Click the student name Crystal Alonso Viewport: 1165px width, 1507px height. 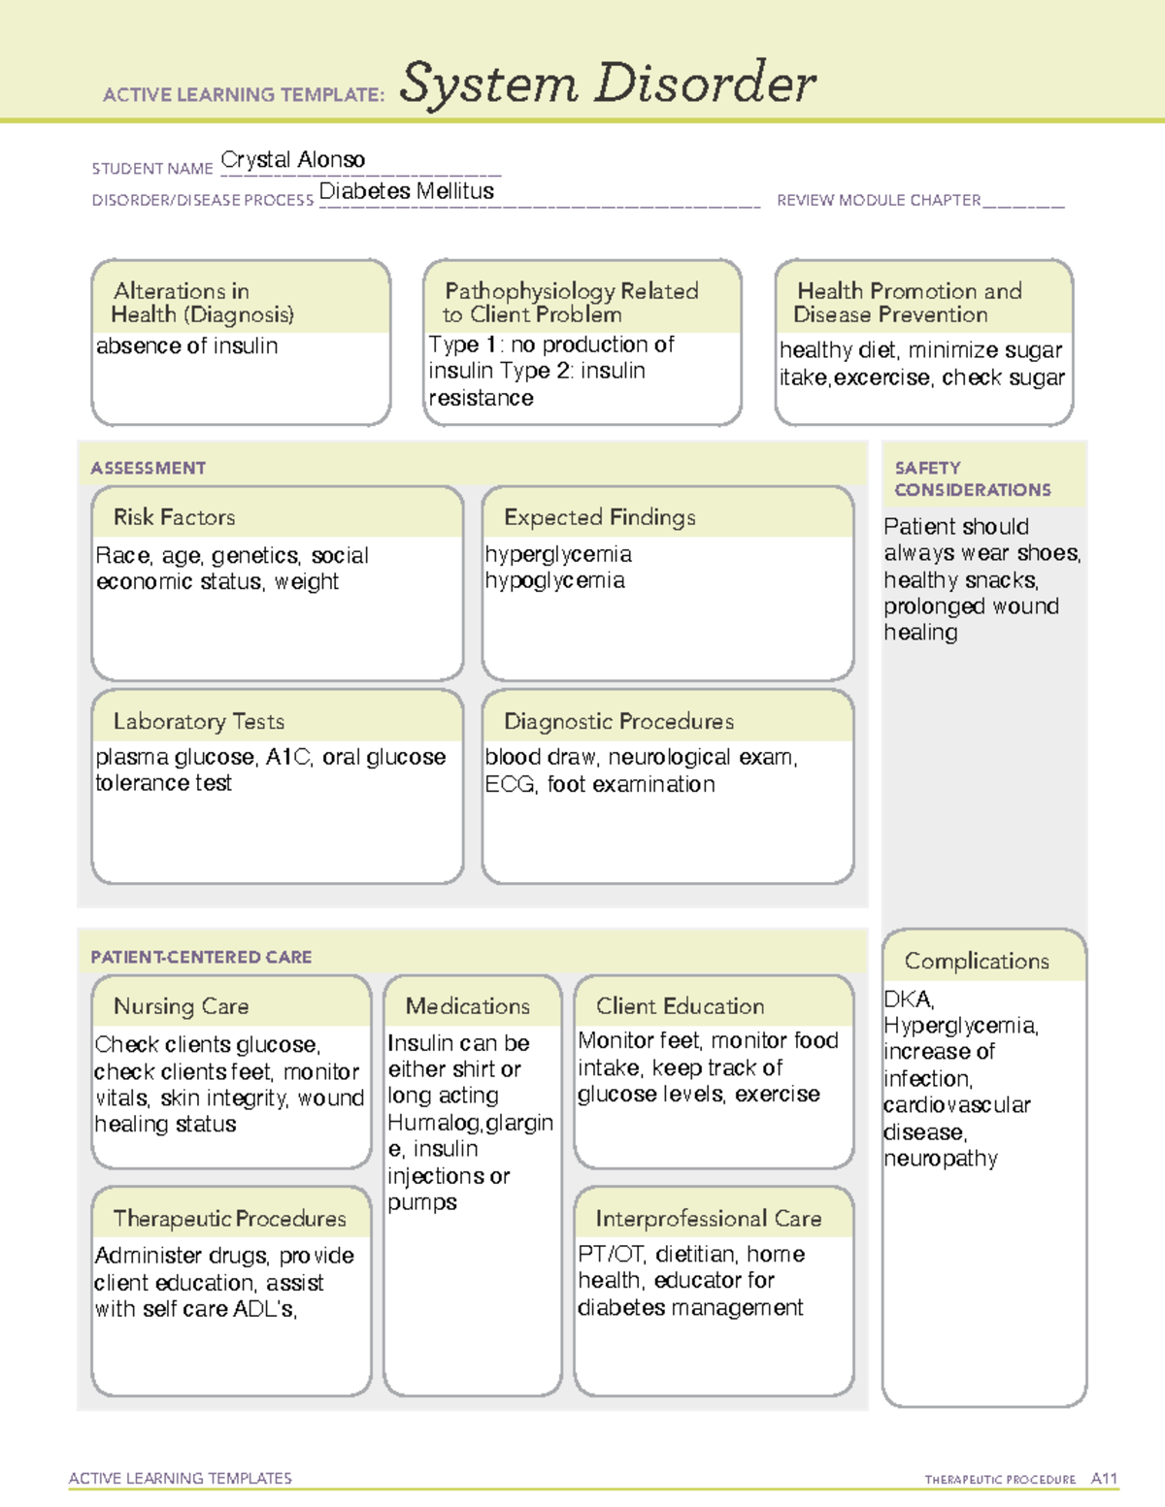click(292, 160)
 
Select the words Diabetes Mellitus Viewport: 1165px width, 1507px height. click(406, 191)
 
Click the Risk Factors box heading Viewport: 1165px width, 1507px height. click(174, 517)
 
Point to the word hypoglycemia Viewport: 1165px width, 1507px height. click(554, 581)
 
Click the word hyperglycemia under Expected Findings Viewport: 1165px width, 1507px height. click(558, 554)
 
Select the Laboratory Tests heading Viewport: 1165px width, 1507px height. click(198, 721)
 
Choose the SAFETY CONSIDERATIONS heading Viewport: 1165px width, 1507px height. click(972, 479)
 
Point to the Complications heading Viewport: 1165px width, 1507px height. click(977, 961)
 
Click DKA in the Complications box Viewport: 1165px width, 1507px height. click(908, 999)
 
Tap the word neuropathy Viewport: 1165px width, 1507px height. click(940, 1159)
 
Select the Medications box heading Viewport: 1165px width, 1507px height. click(467, 1006)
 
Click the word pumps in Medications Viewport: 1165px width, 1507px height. click(421, 1202)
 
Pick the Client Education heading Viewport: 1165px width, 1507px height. click(680, 1006)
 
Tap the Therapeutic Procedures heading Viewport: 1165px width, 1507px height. click(229, 1218)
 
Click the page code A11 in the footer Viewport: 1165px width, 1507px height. click(1104, 1478)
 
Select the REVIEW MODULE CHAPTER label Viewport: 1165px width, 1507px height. click(878, 201)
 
